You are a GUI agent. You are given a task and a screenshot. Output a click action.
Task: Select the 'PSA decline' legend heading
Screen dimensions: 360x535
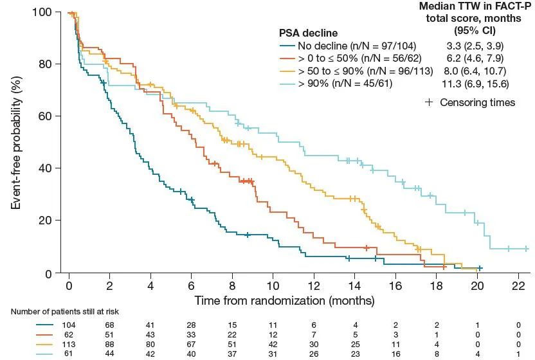click(x=308, y=33)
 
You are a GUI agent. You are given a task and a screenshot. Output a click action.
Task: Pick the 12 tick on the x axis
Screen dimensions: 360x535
click(x=314, y=287)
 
